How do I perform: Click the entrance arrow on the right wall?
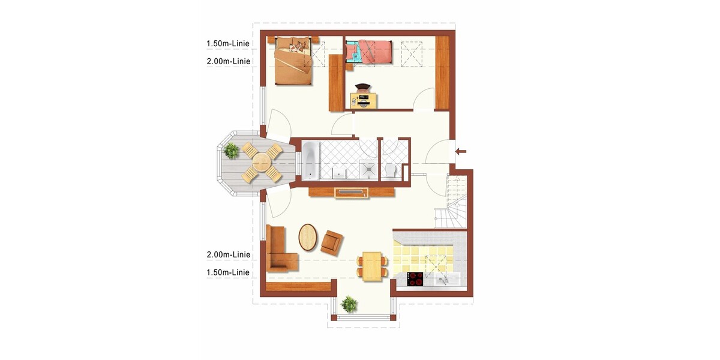(461, 151)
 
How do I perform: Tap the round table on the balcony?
(262, 162)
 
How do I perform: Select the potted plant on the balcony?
(231, 151)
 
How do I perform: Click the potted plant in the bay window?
(349, 304)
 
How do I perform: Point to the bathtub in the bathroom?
(311, 161)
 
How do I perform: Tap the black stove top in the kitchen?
(415, 279)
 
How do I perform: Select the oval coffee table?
(308, 237)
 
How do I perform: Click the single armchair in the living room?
(332, 242)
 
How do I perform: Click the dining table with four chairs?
(372, 267)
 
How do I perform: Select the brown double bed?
(293, 61)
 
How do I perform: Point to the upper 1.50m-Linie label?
(228, 43)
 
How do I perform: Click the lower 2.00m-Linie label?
(228, 254)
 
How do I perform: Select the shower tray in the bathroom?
(368, 169)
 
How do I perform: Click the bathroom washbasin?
(340, 173)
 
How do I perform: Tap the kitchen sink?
(446, 280)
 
